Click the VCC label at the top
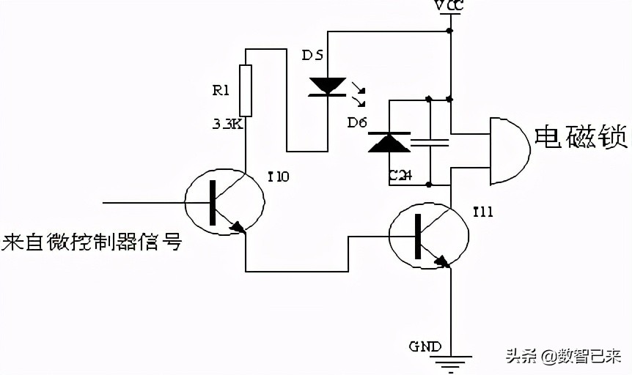450,6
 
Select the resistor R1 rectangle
246,90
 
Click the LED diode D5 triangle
328,86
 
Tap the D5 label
313,56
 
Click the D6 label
357,122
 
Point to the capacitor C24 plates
430,142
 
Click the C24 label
400,176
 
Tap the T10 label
279,176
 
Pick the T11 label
482,212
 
